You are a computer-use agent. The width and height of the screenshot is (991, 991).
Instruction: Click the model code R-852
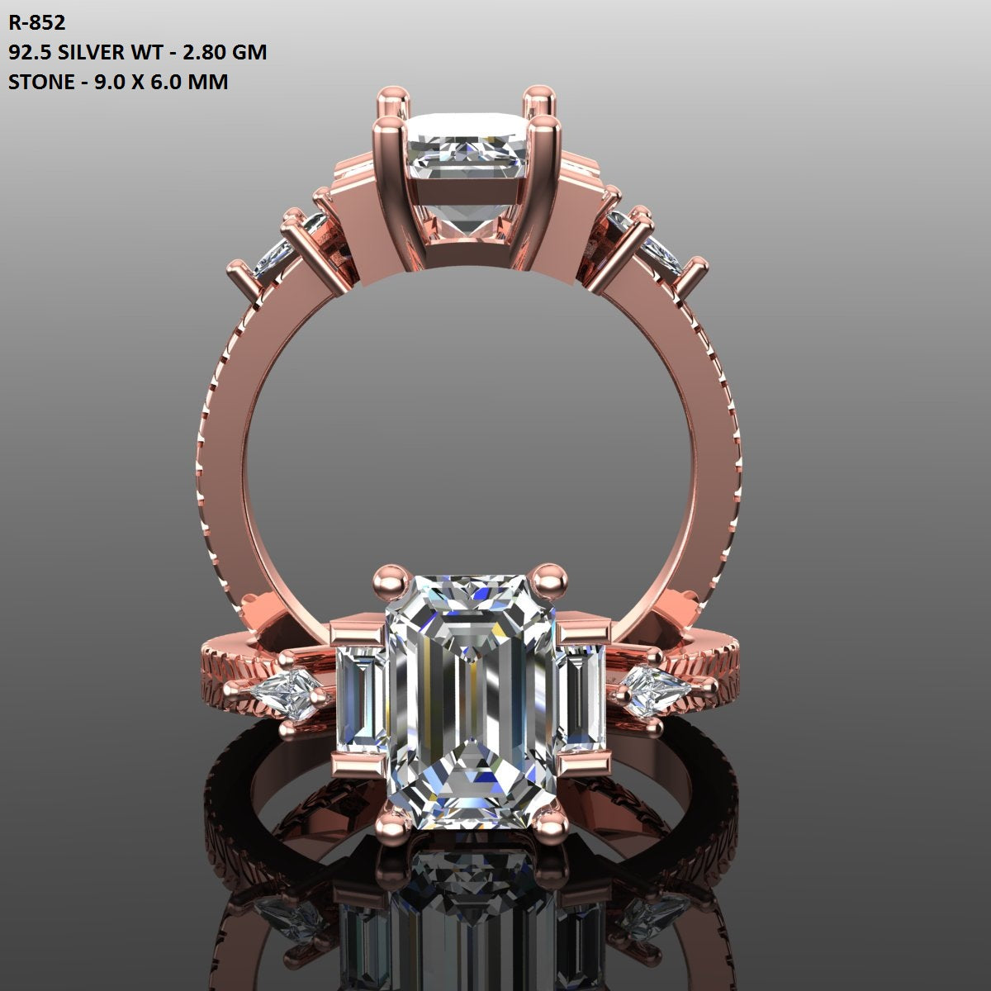pyautogui.click(x=36, y=21)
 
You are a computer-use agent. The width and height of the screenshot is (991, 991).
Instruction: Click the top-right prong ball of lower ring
pyautogui.click(x=547, y=575)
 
